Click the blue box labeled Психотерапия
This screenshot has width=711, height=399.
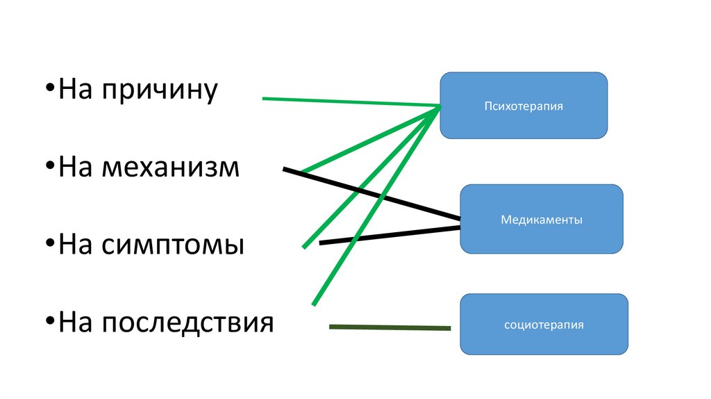click(524, 106)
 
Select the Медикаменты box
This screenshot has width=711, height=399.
click(542, 219)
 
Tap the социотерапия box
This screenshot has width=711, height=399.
click(544, 324)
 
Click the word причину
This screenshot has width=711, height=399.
click(160, 90)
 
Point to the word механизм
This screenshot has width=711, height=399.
click(170, 168)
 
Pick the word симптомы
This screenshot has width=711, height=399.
click(172, 245)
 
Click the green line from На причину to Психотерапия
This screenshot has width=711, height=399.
click(347, 102)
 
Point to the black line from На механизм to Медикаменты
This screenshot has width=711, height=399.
click(375, 195)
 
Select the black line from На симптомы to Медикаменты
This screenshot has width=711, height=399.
click(389, 234)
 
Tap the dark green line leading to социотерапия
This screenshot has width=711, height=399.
click(389, 327)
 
